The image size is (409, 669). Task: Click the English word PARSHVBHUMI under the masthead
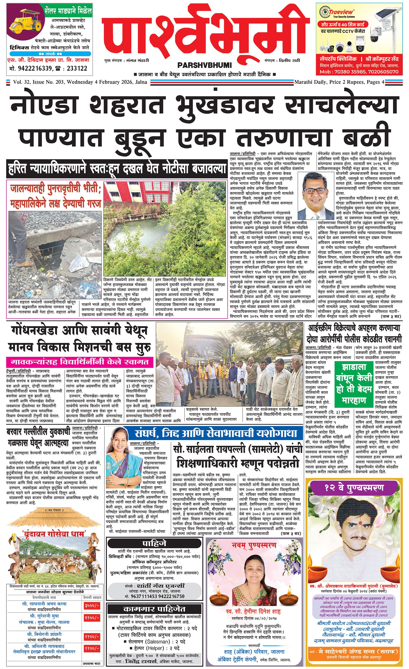[204, 65]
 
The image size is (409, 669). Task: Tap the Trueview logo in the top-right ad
[338, 12]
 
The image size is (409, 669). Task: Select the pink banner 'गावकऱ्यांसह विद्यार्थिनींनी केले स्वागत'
[79, 362]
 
